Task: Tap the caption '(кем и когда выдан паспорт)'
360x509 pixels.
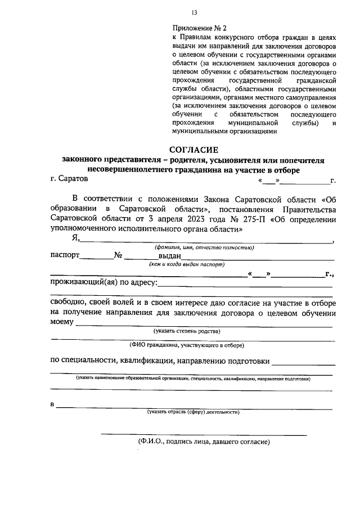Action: tap(187, 264)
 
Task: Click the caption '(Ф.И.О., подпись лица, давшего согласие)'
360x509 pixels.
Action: tap(204, 442)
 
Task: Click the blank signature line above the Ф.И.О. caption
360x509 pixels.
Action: tap(204, 434)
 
